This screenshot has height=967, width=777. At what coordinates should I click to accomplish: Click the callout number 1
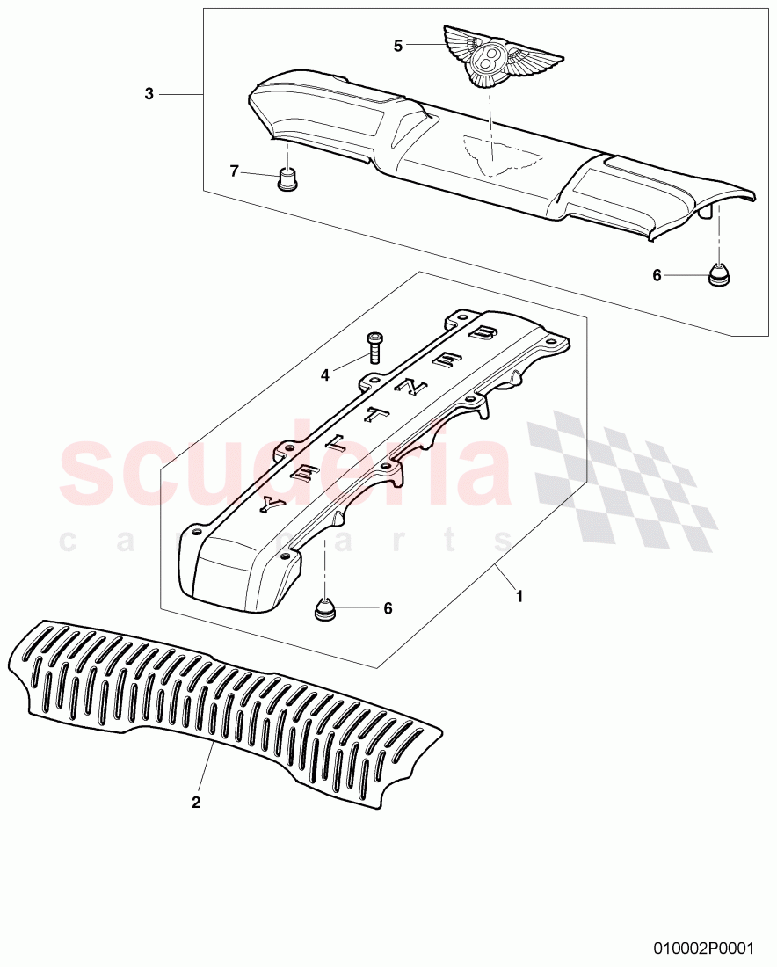click(x=519, y=596)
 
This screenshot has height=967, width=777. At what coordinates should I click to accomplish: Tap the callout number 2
click(x=196, y=802)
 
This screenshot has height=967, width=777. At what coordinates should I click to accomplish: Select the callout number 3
click(x=149, y=94)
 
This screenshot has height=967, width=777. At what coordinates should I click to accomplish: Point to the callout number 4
click(x=324, y=374)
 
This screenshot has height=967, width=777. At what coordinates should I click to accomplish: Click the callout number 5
click(x=398, y=46)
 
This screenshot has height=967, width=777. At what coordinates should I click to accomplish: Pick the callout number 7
click(x=235, y=171)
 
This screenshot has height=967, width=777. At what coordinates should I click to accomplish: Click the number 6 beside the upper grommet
click(x=657, y=275)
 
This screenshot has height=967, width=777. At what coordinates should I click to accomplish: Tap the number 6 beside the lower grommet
click(x=388, y=607)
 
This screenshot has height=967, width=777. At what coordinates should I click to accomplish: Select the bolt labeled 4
click(x=375, y=347)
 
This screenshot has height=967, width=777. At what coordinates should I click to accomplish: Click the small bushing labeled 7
click(x=285, y=179)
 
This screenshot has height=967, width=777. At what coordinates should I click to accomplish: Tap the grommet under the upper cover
click(x=720, y=275)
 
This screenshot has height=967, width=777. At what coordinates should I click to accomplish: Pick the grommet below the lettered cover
click(x=327, y=608)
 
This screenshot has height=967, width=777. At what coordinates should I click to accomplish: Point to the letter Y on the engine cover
click(x=269, y=504)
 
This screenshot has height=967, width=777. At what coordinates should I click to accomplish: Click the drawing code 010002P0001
click(x=704, y=949)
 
